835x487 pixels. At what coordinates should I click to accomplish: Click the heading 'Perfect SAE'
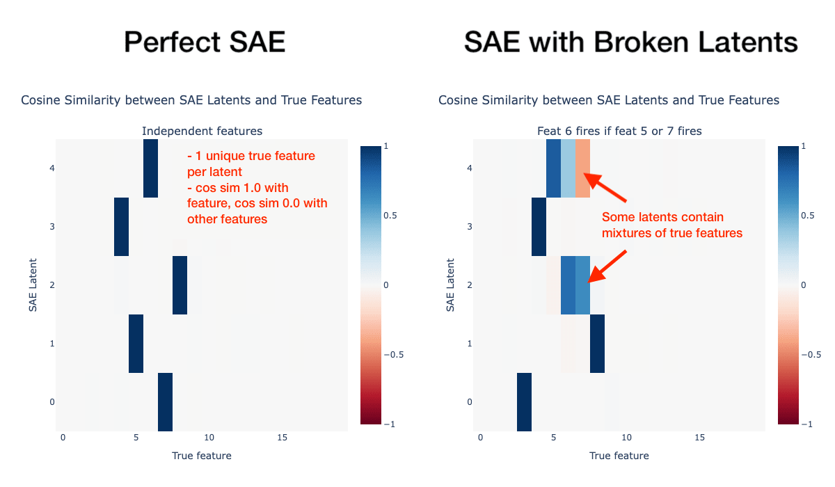pyautogui.click(x=205, y=42)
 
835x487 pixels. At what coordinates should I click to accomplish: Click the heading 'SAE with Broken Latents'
pyautogui.click(x=630, y=42)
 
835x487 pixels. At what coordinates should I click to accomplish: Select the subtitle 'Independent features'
pyautogui.click(x=202, y=131)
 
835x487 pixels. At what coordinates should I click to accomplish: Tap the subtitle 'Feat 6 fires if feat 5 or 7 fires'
pyautogui.click(x=619, y=131)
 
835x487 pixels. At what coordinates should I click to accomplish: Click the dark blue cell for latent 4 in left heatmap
pyautogui.click(x=150, y=168)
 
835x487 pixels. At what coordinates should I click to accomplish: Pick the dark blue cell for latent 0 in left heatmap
pyautogui.click(x=165, y=402)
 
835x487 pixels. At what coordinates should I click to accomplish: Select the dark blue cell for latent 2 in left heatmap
pyautogui.click(x=180, y=285)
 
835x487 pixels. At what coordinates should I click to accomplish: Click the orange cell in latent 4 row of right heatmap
pyautogui.click(x=583, y=168)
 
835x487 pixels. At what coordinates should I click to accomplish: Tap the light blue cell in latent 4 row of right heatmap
pyautogui.click(x=568, y=168)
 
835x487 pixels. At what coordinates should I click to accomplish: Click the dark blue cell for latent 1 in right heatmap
pyautogui.click(x=597, y=344)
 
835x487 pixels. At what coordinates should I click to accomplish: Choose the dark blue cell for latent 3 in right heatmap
pyautogui.click(x=539, y=227)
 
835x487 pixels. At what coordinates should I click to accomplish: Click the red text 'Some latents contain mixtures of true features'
pyautogui.click(x=671, y=225)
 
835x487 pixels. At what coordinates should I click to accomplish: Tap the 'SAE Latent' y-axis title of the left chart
pyautogui.click(x=33, y=285)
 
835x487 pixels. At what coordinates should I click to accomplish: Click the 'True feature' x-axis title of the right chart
pyautogui.click(x=619, y=456)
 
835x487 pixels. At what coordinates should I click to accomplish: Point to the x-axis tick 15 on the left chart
pyautogui.click(x=283, y=437)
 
